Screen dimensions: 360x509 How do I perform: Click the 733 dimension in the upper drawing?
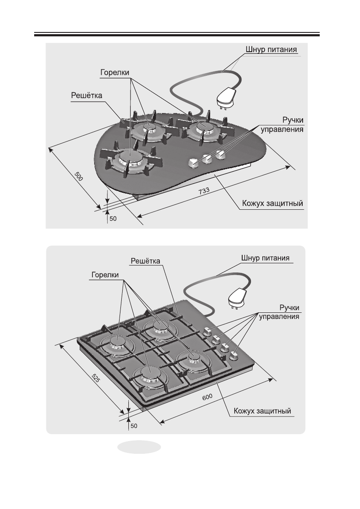click(204, 191)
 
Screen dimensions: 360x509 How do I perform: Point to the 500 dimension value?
click(79, 176)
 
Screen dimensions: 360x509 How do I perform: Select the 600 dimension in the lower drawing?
click(207, 397)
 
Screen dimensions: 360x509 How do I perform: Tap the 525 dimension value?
click(95, 378)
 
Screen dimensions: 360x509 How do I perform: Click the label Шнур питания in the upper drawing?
click(271, 49)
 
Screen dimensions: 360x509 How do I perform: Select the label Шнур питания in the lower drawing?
click(265, 258)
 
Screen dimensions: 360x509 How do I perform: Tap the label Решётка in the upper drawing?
click(87, 95)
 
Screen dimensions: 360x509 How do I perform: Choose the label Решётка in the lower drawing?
click(145, 261)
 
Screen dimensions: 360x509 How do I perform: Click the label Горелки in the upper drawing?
click(115, 72)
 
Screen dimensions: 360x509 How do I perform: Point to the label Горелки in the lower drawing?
click(105, 275)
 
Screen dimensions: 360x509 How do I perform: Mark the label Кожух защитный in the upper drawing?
click(273, 204)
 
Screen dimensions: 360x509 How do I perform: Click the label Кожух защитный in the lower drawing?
click(263, 411)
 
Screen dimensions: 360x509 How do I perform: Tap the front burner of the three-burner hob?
click(129, 159)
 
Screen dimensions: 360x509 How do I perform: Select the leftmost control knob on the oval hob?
click(193, 162)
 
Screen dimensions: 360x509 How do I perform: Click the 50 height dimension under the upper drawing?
click(113, 219)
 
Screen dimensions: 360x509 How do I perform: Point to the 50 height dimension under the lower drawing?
click(134, 426)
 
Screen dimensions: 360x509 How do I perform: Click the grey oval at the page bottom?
click(139, 447)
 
